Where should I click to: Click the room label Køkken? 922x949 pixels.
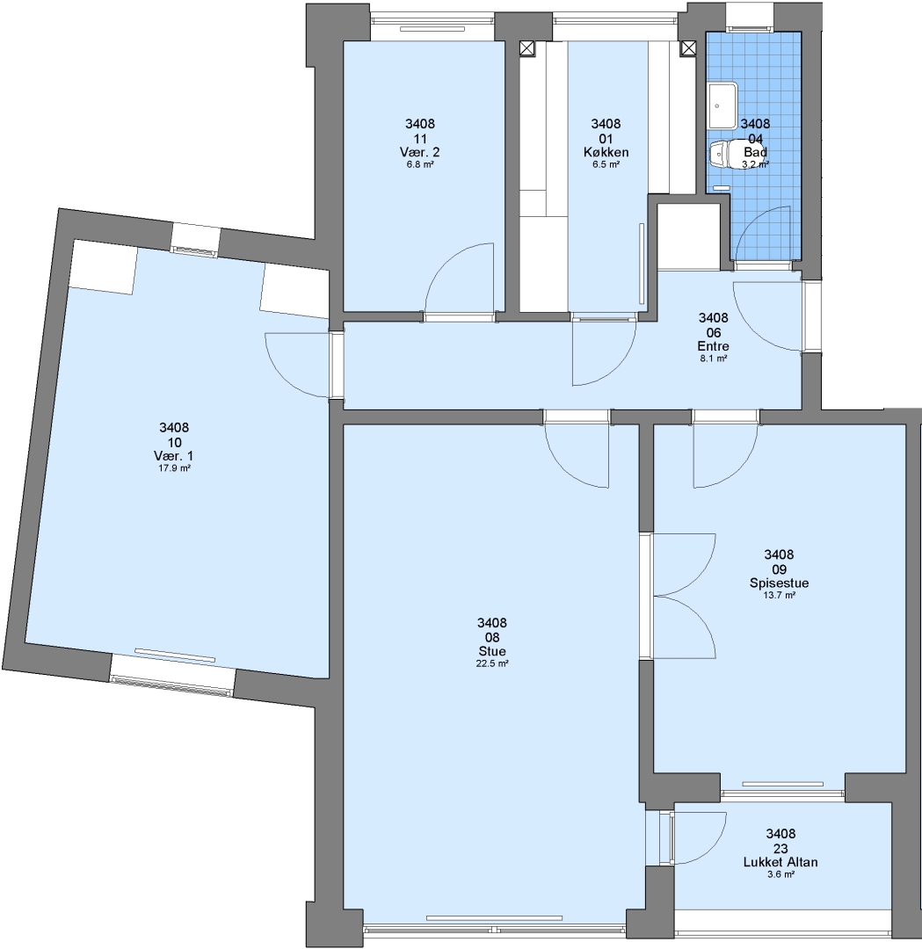[606, 153]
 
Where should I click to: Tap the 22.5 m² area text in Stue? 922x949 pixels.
[491, 663]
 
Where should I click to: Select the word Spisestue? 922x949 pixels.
[779, 583]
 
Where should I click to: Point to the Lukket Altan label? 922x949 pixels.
[780, 863]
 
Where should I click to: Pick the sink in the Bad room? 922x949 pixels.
[722, 105]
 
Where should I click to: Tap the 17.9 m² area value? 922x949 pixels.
[174, 467]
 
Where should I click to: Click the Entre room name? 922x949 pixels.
[713, 346]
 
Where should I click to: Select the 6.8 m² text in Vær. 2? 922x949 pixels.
[419, 164]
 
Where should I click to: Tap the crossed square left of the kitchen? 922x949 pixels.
[528, 48]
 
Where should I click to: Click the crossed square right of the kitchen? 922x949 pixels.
[687, 48]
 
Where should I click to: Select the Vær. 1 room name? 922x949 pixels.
[174, 456]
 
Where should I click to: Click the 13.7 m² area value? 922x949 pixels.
[779, 595]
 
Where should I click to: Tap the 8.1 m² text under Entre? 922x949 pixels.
[713, 359]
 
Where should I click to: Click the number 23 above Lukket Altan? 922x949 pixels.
[780, 849]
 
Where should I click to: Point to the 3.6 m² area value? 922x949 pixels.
[780, 874]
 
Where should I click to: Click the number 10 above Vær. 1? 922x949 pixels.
[174, 442]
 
